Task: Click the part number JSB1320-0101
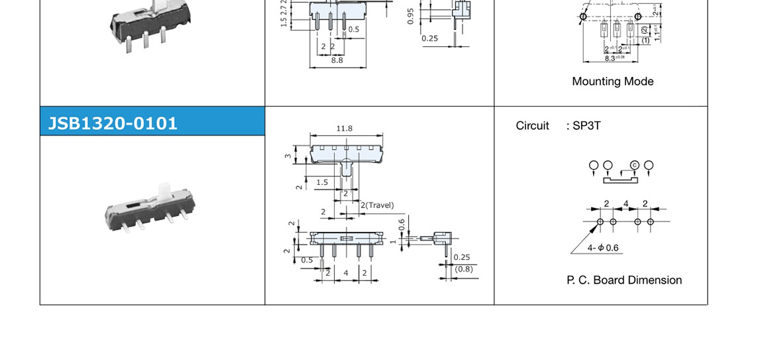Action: [x=113, y=123]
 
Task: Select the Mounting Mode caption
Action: [x=612, y=82]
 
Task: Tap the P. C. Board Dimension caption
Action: [x=624, y=280]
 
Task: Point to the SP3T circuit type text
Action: [x=584, y=125]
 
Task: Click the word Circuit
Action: [x=532, y=125]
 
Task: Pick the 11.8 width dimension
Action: [x=345, y=128]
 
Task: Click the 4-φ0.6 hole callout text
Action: [x=603, y=249]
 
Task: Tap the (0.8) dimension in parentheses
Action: [x=464, y=269]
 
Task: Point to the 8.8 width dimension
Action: [x=337, y=60]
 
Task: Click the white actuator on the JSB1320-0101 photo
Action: [x=164, y=193]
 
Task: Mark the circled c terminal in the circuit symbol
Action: [x=633, y=165]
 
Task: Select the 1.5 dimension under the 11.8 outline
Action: [x=322, y=182]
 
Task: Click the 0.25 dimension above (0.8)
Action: [x=462, y=257]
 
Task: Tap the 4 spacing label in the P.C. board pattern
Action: [x=626, y=204]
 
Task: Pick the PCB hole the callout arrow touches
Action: [x=600, y=221]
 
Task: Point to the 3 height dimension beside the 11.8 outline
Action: [x=288, y=157]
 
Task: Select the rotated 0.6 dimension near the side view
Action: [x=402, y=225]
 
